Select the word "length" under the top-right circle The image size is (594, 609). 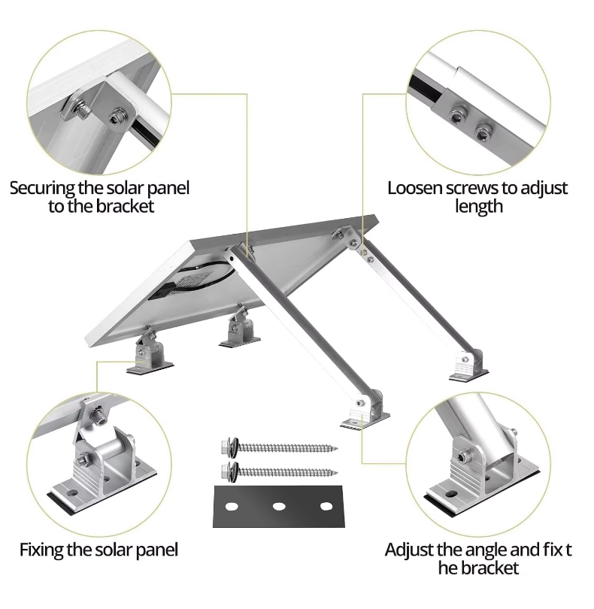pos(478,206)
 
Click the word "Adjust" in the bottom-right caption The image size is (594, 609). pos(411,550)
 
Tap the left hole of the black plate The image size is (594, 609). pos(232,506)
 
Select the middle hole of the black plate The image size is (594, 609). pos(279,506)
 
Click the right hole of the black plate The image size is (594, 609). pos(326,506)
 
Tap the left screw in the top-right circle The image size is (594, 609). pos(455,114)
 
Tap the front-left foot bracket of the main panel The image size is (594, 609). pos(148,353)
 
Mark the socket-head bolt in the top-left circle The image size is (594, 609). pos(116,117)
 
